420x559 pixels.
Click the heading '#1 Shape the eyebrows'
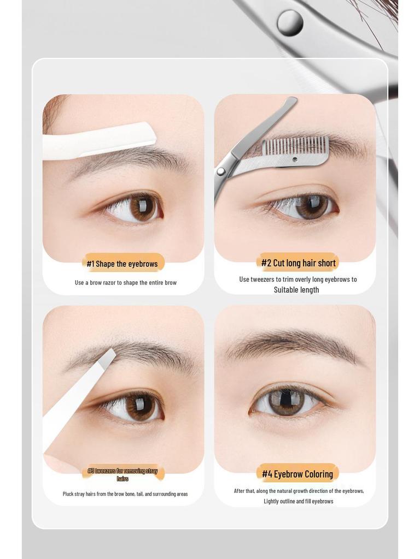(x=122, y=264)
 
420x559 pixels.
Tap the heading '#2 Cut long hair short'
(x=298, y=263)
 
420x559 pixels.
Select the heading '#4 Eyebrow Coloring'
(x=297, y=474)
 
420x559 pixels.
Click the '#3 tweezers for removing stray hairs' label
(x=122, y=474)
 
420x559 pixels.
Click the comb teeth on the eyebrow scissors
(x=295, y=146)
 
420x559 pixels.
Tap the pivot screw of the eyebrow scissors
(x=221, y=171)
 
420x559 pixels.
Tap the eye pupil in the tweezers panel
(x=140, y=407)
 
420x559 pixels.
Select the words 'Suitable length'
(x=296, y=290)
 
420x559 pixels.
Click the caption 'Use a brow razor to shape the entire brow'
(x=126, y=283)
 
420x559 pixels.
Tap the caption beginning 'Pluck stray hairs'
(x=125, y=494)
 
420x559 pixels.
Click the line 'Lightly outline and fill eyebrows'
(x=298, y=501)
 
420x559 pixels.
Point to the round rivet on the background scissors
(x=290, y=22)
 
